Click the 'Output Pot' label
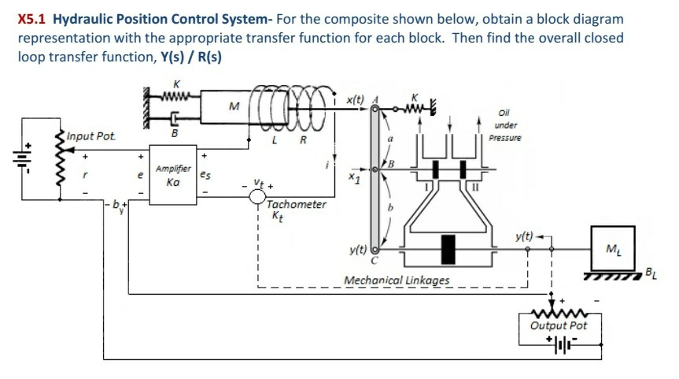(559, 325)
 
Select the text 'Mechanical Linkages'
(397, 281)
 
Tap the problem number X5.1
(32, 18)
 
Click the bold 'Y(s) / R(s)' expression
(194, 58)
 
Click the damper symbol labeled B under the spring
(175, 121)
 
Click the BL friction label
(650, 274)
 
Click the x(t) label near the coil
(355, 99)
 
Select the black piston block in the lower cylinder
(449, 247)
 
